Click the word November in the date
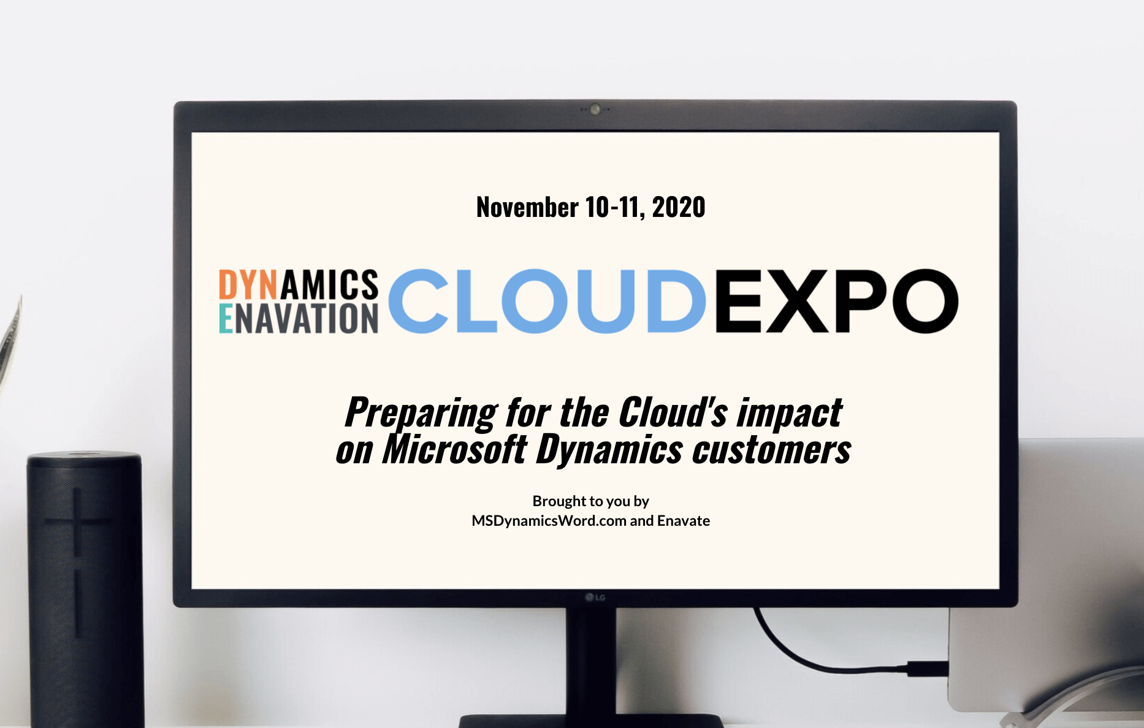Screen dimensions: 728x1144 (527, 208)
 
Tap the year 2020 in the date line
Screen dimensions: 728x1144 (679, 208)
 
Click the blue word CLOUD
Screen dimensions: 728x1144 (547, 301)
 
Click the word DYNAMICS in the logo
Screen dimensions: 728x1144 (299, 285)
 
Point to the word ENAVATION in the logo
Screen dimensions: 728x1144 (299, 319)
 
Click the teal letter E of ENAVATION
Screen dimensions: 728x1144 (226, 319)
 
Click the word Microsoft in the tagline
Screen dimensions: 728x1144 (454, 450)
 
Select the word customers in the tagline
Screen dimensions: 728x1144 (772, 450)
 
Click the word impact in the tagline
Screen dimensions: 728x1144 (790, 413)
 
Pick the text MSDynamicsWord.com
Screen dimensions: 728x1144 (549, 521)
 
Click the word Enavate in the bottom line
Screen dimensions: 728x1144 (684, 521)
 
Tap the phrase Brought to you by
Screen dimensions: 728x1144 (590, 501)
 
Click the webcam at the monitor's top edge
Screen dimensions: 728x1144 (595, 110)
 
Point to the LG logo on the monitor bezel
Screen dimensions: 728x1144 (595, 597)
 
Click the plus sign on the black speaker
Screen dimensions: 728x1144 (77, 521)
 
